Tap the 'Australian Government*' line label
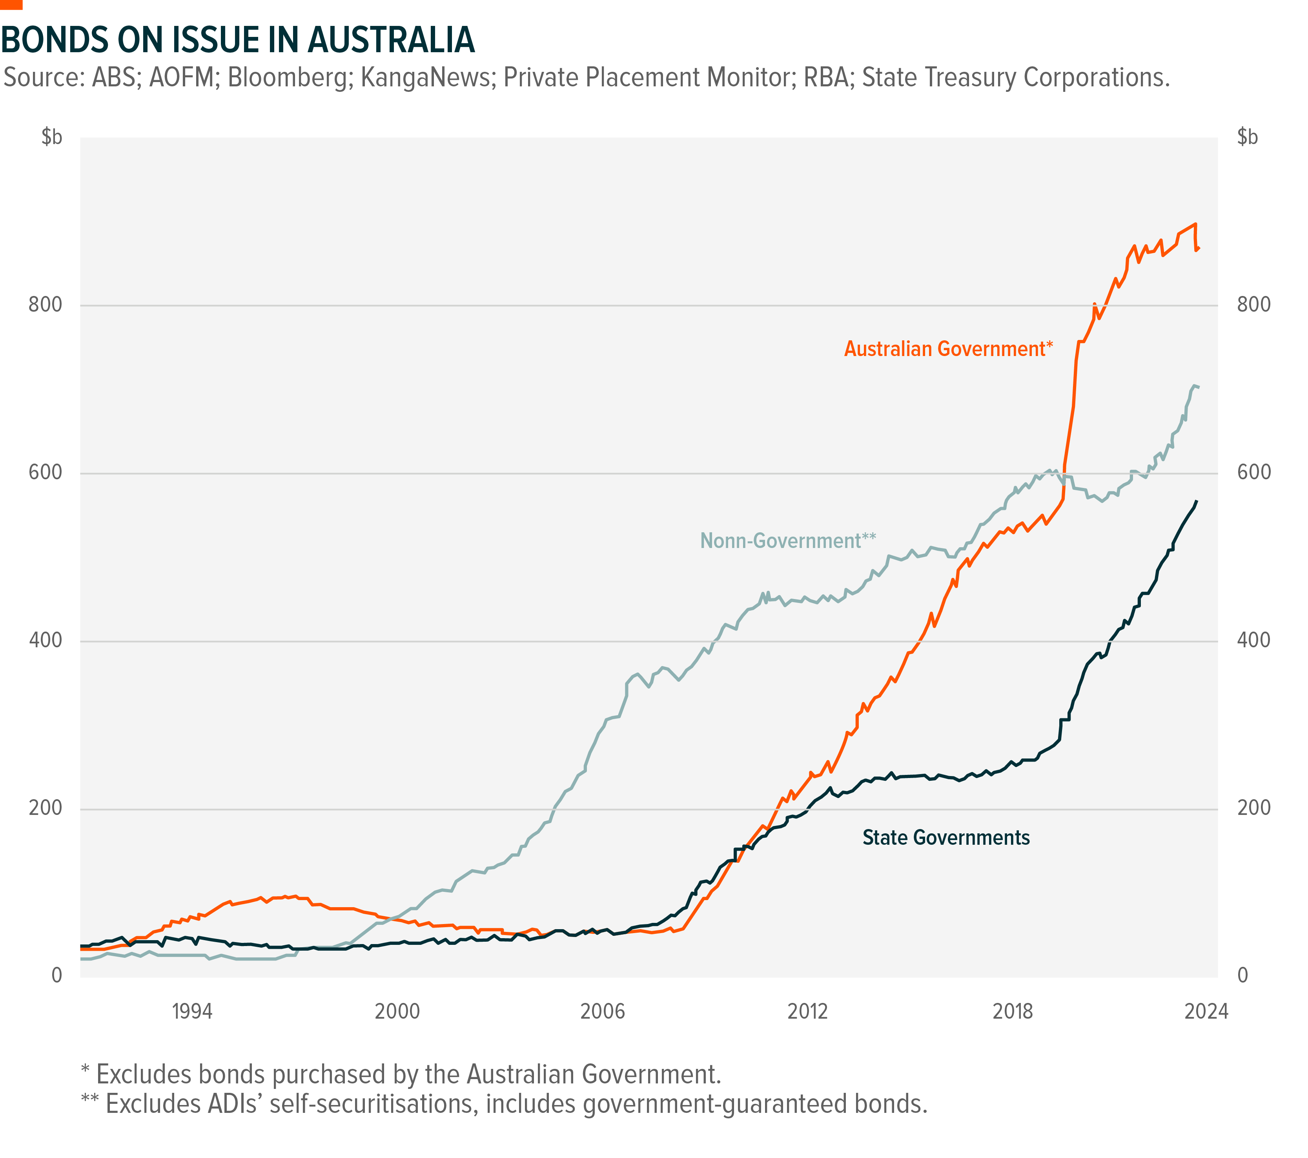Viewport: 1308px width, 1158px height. pyautogui.click(x=948, y=349)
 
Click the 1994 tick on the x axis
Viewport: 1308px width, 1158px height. pyautogui.click(x=192, y=1012)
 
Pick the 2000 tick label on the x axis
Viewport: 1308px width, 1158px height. pyautogui.click(x=397, y=1012)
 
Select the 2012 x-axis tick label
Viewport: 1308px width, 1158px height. pyautogui.click(x=807, y=1012)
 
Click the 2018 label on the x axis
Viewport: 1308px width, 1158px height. pyautogui.click(x=1012, y=1012)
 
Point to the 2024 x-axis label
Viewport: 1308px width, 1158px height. pyautogui.click(x=1206, y=1012)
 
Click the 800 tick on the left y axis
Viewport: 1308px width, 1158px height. pyautogui.click(x=46, y=305)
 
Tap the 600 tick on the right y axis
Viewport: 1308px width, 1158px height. pyautogui.click(x=1253, y=472)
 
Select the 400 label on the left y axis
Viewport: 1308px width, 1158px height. pyautogui.click(x=46, y=640)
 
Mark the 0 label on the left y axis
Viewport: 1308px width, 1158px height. pyautogui.click(x=57, y=975)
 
